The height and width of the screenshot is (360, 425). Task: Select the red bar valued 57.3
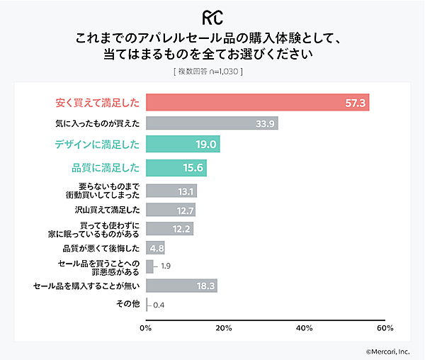coord(257,103)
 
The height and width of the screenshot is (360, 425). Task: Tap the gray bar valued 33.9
coord(211,123)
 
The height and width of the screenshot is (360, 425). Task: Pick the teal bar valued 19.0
coord(183,145)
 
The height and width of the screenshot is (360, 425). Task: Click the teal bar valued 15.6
coord(176,167)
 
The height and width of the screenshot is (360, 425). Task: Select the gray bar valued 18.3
coord(181,286)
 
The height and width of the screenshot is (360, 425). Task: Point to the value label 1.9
coord(166,266)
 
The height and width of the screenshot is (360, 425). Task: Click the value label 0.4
coord(159,305)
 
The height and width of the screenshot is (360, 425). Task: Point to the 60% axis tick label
coord(385,328)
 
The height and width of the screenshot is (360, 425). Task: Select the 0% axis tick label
coord(146,328)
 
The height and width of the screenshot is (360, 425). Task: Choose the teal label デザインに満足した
coord(96,145)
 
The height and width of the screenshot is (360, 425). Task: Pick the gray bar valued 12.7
coord(170,210)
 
